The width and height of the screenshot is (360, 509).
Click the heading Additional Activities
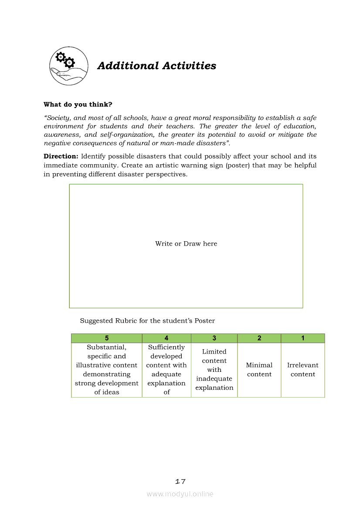[156, 66]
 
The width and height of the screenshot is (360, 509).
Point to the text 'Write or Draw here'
[186, 244]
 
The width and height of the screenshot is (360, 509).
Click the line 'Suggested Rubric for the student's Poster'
[147, 321]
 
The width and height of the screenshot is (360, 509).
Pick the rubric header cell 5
[107, 338]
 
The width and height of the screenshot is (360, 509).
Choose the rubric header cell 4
[166, 338]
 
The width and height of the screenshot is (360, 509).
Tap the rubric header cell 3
[214, 338]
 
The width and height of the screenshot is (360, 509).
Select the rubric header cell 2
[259, 338]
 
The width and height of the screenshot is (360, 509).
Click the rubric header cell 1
[303, 338]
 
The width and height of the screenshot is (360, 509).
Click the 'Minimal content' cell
[259, 370]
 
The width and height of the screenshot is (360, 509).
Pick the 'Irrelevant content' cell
[303, 370]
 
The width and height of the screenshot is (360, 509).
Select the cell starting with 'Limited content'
[214, 370]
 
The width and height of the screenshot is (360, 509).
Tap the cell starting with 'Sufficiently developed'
[166, 370]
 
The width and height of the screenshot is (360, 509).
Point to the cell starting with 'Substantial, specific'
[107, 370]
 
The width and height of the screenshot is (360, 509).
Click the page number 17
[180, 482]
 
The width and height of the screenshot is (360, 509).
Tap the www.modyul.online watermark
[180, 494]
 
